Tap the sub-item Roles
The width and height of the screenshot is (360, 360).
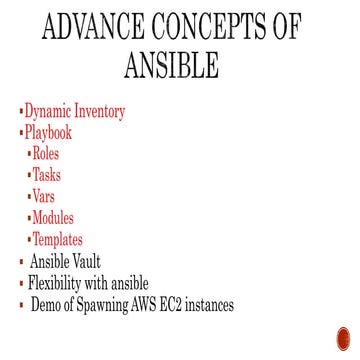(45, 154)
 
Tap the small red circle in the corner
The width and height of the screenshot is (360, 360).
(345, 337)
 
